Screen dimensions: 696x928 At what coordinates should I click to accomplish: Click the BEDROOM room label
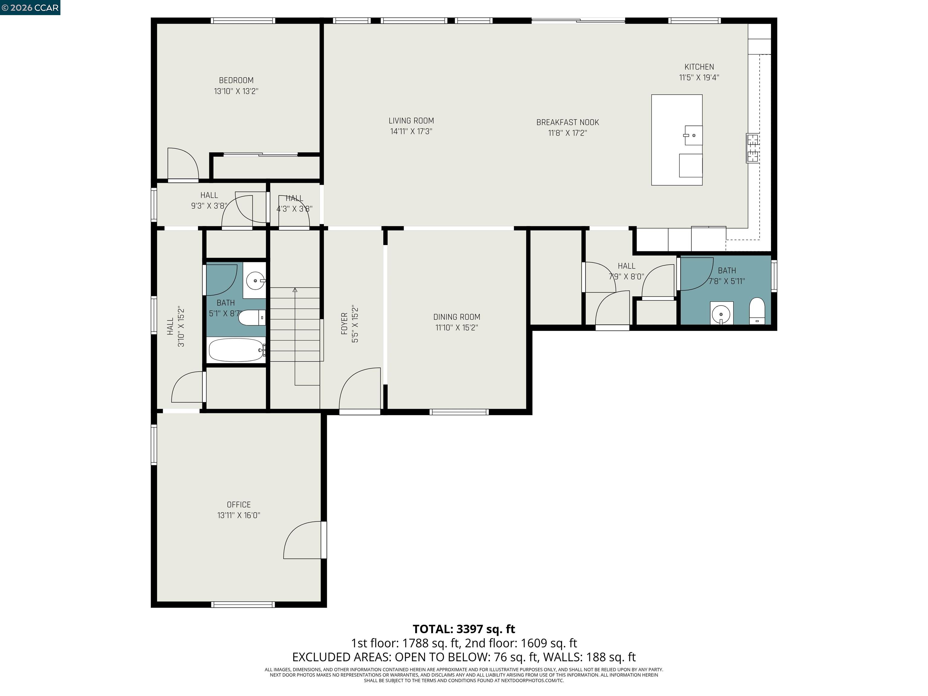point(236,80)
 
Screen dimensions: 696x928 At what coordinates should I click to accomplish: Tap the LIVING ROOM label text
point(411,121)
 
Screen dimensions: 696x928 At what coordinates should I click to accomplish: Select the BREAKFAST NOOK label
point(567,123)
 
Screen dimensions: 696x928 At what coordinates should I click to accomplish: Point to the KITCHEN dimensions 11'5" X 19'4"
point(699,78)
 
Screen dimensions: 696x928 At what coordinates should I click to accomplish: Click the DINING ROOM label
point(456,317)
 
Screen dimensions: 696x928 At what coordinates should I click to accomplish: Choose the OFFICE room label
point(239,505)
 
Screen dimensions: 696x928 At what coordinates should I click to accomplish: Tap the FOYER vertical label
point(344,324)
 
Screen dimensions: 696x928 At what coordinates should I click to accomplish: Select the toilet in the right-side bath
point(757,311)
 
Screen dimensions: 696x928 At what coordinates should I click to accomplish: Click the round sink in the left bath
point(255,281)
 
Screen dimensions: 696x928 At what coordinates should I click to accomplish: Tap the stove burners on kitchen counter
point(752,148)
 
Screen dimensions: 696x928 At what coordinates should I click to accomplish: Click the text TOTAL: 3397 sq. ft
point(464,629)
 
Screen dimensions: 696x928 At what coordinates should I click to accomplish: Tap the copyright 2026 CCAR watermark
point(30,8)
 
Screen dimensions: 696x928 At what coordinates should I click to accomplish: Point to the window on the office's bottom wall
point(243,604)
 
